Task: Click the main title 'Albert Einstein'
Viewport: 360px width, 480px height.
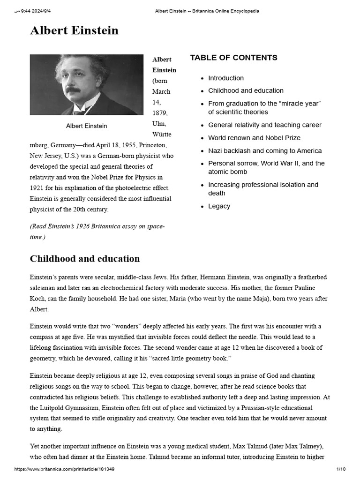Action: click(74, 31)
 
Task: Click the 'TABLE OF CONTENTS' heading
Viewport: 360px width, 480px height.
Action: click(233, 58)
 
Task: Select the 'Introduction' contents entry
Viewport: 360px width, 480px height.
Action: click(226, 78)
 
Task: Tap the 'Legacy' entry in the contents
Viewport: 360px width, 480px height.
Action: click(219, 206)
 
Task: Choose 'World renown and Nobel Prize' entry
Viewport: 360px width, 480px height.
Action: click(254, 138)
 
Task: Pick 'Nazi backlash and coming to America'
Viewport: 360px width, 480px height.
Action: click(265, 151)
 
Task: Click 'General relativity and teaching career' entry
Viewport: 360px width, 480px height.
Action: click(265, 125)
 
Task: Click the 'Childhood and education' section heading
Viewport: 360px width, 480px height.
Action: click(85, 259)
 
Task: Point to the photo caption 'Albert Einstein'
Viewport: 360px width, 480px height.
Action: click(86, 126)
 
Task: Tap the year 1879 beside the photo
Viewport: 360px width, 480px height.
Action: click(160, 113)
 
